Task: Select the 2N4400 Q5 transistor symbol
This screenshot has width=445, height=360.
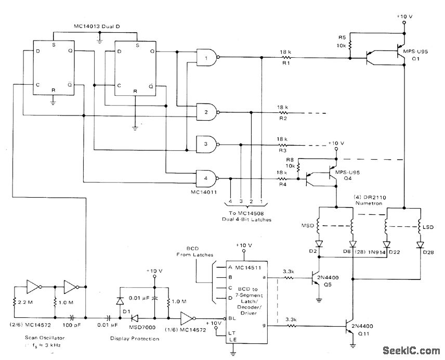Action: point(316,278)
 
